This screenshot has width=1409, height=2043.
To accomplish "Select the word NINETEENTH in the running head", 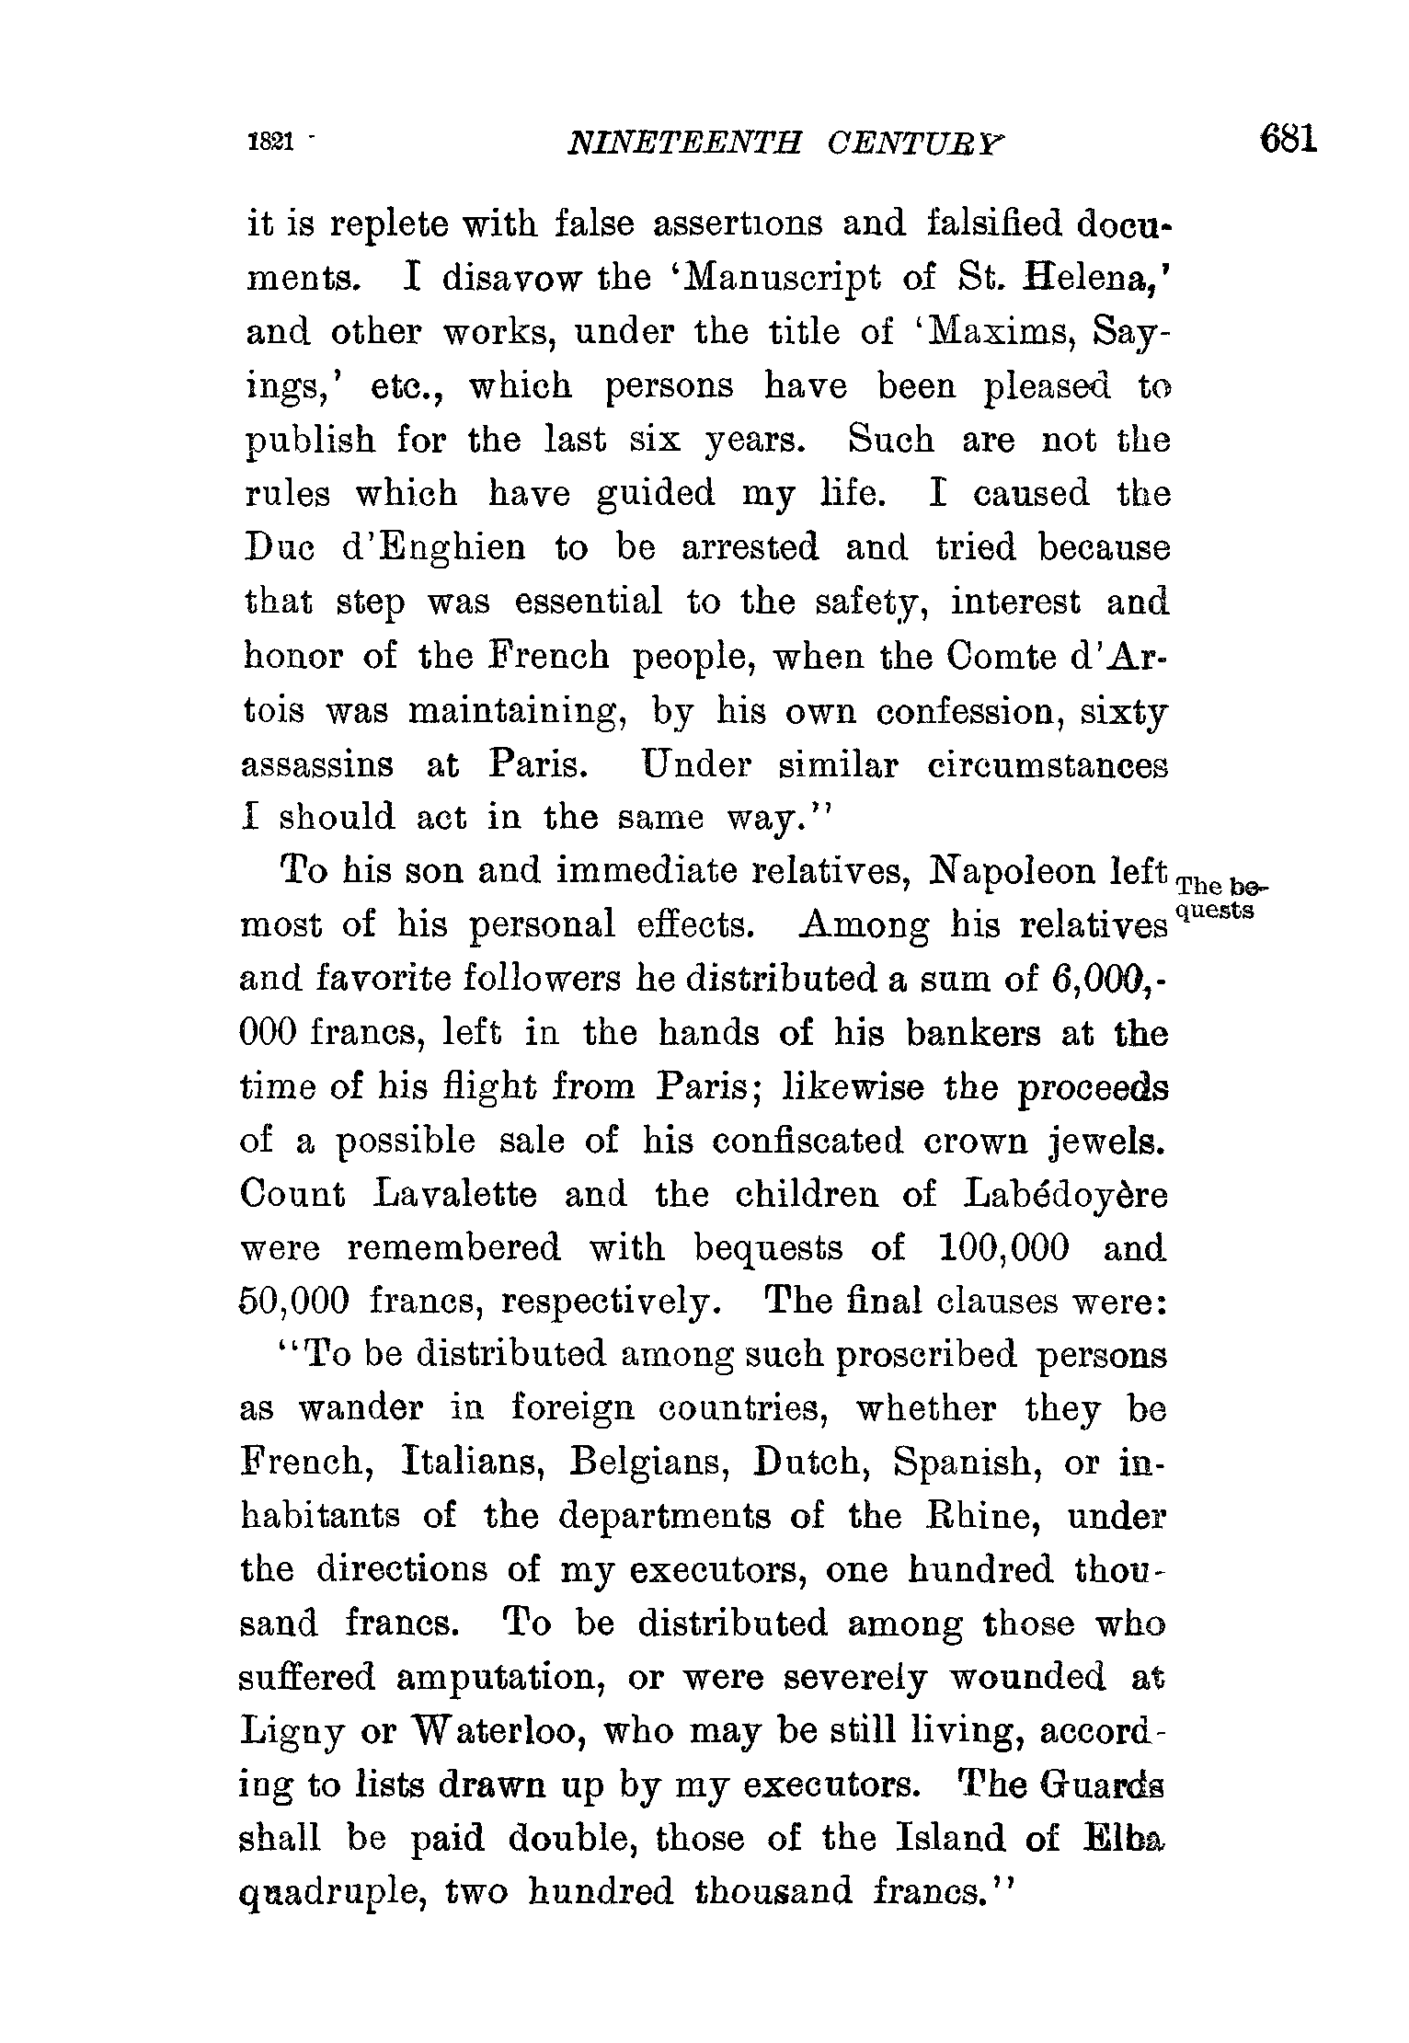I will pos(685,143).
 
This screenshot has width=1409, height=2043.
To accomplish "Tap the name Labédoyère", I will pos(1067,1195).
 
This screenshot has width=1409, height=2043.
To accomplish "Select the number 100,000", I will pos(1005,1249).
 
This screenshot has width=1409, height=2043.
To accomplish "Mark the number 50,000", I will pos(294,1303).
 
